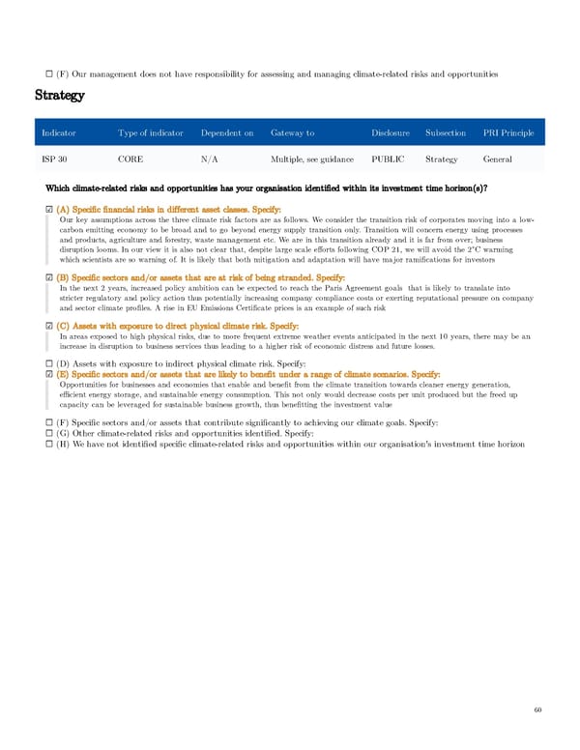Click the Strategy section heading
click(60, 96)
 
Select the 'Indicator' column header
click(58, 132)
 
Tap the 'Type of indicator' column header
click(150, 132)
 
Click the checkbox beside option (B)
click(49, 251)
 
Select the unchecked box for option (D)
click(49, 363)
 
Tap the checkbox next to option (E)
click(49, 375)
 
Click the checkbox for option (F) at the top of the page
click(49, 73)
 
